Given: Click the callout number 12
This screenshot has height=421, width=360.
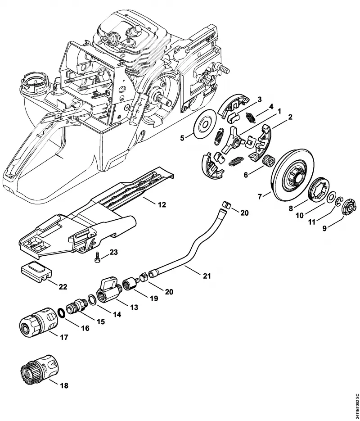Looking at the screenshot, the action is pos(162,205).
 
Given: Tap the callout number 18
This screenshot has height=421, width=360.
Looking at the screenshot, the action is pos(64,386).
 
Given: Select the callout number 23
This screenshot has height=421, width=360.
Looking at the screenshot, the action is pos(113,252).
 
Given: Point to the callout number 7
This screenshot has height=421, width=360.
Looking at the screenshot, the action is pos(260,197).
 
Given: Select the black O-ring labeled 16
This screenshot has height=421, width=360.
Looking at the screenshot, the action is pos(62,313).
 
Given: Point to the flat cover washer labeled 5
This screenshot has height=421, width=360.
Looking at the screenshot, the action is pos(205,124).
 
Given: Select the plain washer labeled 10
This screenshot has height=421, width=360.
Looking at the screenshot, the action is pos(331,198).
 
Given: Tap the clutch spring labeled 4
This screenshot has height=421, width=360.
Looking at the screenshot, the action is pos(251,118).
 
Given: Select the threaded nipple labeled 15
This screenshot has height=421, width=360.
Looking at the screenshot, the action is pos(76,306).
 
